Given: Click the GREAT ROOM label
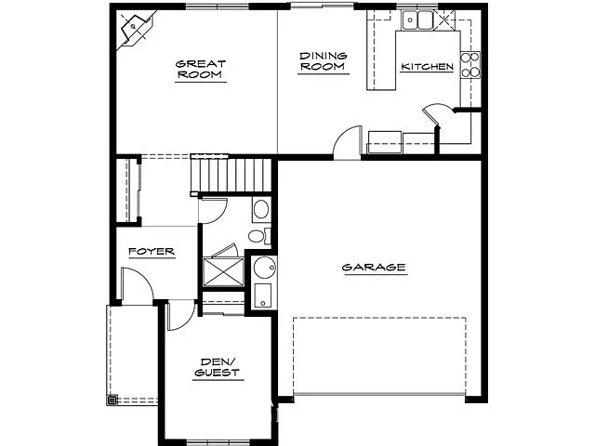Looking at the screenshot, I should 201,70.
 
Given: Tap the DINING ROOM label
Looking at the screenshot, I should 323,61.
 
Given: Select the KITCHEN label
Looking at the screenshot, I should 427,67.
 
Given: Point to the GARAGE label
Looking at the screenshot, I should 374,268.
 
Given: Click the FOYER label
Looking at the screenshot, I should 151,253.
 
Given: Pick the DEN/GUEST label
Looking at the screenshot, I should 218,367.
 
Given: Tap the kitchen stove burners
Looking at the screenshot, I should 469,64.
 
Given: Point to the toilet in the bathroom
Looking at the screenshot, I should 260,208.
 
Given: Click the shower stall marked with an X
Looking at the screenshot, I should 221,270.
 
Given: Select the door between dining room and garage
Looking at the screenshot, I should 346,141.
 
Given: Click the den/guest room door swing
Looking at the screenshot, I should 180,317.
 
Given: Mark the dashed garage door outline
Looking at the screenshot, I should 379,357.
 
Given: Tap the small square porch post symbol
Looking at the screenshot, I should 113,401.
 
